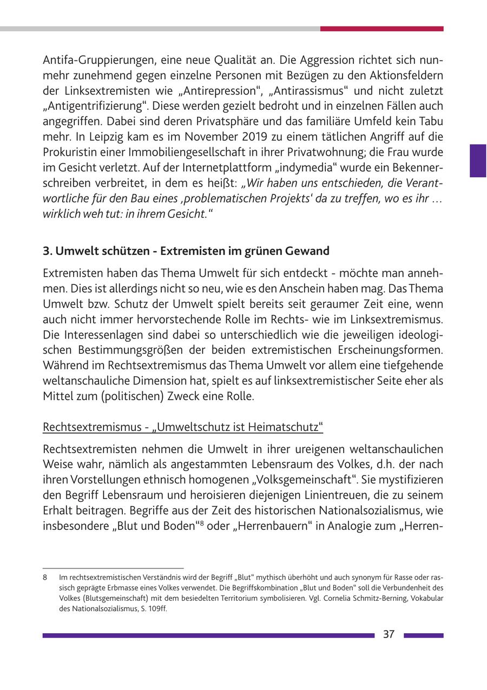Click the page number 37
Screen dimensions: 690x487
tap(389, 635)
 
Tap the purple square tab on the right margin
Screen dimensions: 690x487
tap(478, 161)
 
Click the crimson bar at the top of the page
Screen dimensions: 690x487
tap(381, 29)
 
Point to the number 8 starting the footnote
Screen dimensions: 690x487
tap(45, 578)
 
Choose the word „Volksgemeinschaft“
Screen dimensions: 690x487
tap(304, 480)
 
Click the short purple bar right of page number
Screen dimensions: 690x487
tap(423, 635)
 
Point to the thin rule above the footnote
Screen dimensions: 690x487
tap(113, 568)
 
